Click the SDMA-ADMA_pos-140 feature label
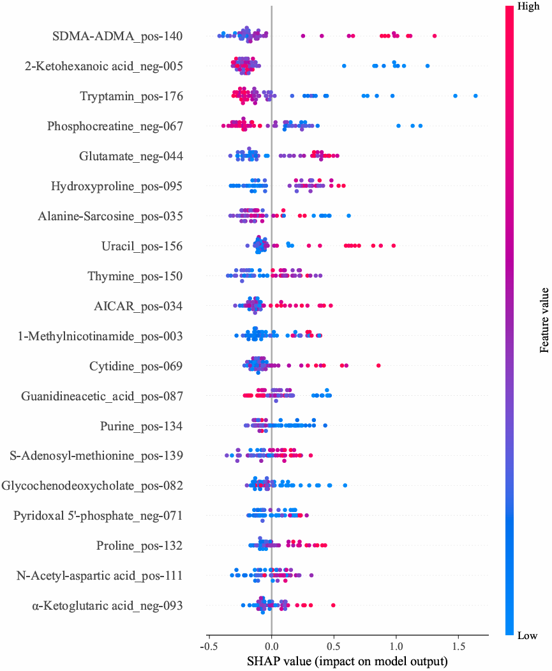pos(118,36)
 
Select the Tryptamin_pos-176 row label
pos(131,96)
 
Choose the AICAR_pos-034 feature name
pos(138,306)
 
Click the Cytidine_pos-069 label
pos(136,366)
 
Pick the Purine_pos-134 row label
pos(142,426)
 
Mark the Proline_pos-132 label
pos(140,546)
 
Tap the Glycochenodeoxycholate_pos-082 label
pos(93,486)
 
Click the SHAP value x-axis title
pos(347,661)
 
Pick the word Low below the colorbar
pos(527,635)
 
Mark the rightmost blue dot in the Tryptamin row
pos(476,96)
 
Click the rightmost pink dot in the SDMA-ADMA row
pos(435,36)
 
